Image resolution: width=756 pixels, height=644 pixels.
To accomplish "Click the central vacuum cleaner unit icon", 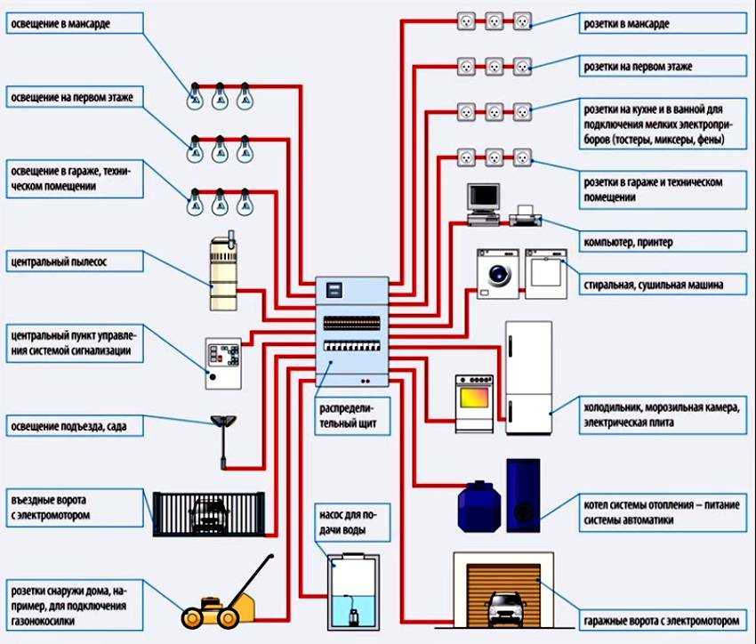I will [x=223, y=272].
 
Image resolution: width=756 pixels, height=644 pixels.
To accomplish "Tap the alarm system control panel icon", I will [x=222, y=362].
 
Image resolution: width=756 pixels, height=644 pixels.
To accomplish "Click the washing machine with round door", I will [x=498, y=270].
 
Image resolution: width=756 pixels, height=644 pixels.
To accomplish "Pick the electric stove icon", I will [x=475, y=403].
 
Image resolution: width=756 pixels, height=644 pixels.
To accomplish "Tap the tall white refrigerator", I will [x=528, y=377].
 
